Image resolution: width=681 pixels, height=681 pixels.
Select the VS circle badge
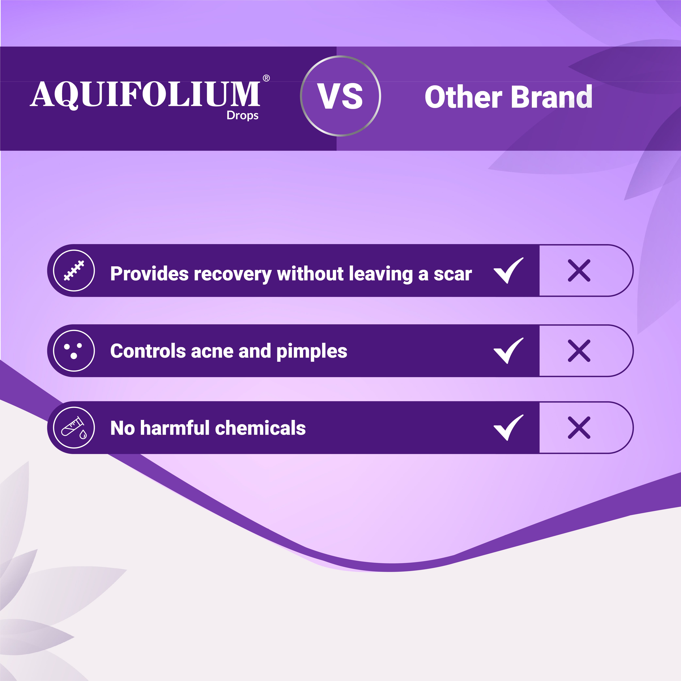click(x=340, y=96)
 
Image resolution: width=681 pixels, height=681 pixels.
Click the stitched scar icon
click(x=74, y=270)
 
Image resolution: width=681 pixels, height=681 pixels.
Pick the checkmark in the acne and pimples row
click(x=508, y=351)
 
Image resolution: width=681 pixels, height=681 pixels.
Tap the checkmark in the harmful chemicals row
click(x=508, y=428)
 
